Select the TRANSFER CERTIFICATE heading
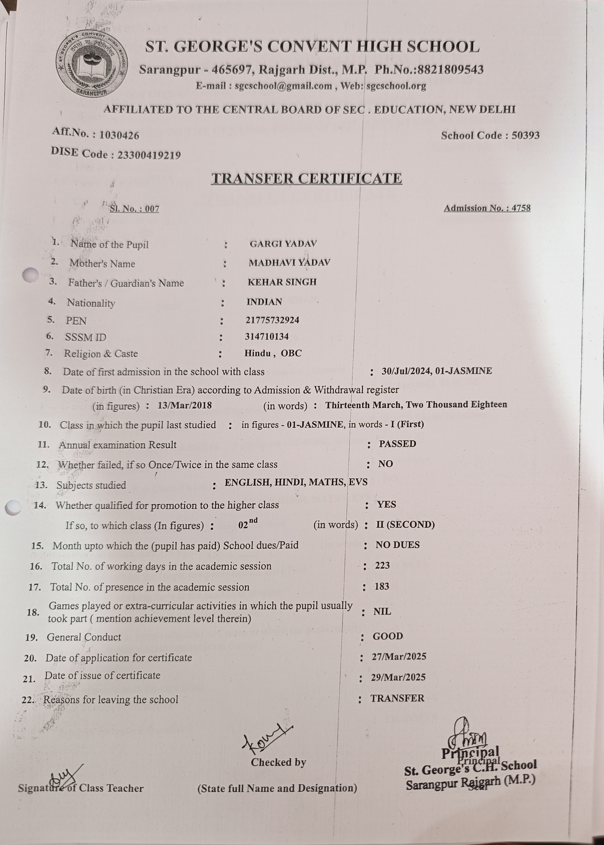(x=306, y=179)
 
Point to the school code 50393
(x=525, y=135)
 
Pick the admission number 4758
(x=521, y=208)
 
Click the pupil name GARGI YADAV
(x=283, y=244)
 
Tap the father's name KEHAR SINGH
(x=282, y=282)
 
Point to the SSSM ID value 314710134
(x=267, y=337)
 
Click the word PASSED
(x=397, y=444)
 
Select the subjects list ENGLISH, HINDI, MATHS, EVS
(x=296, y=482)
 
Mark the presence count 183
(x=382, y=587)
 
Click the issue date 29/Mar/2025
(x=398, y=677)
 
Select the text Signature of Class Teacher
(x=81, y=788)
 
